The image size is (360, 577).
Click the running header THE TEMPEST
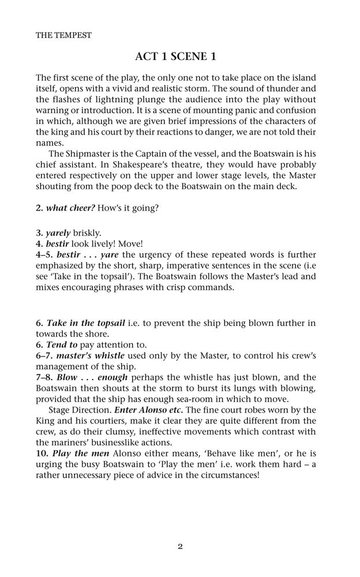point(63,35)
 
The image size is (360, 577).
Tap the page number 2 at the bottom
point(180,546)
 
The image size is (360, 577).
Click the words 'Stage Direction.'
point(80,410)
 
